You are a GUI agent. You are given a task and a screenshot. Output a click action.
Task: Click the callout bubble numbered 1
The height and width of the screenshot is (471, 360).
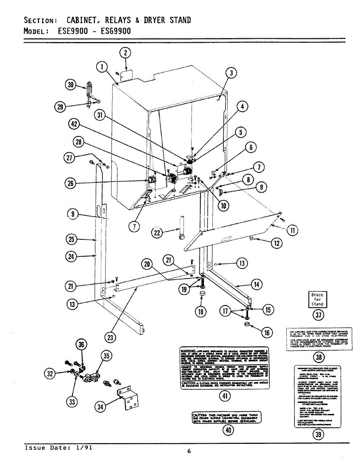click(102, 68)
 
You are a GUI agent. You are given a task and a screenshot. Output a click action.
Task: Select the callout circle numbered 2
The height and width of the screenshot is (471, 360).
click(125, 53)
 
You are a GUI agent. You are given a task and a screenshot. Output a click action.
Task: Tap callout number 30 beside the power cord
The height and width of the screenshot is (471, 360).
click(71, 85)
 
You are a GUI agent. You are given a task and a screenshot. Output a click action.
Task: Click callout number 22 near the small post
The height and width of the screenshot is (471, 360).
click(157, 233)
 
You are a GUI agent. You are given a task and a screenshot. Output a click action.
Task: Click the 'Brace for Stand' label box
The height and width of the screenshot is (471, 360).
click(317, 299)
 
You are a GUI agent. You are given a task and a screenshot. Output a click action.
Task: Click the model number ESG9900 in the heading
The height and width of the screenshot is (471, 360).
click(116, 31)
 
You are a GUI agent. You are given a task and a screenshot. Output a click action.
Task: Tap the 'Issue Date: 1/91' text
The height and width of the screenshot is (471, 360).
click(58, 447)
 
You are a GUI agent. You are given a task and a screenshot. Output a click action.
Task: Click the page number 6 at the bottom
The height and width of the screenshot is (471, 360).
click(189, 451)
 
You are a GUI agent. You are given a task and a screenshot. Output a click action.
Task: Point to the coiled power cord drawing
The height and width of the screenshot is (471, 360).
click(90, 91)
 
